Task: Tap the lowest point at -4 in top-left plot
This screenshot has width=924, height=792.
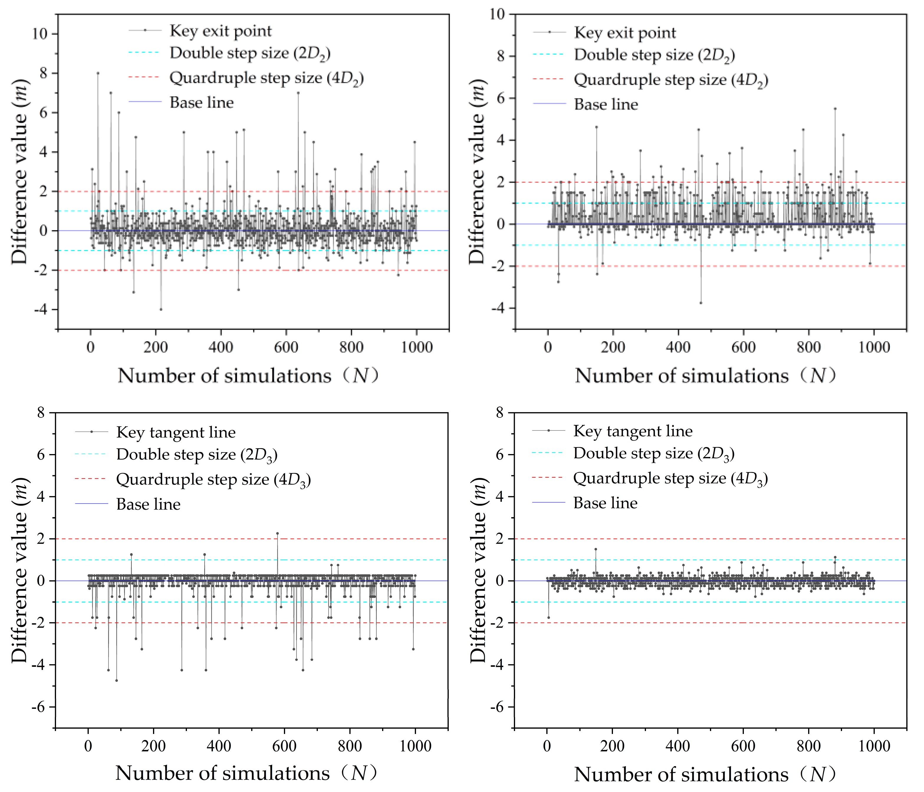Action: (x=161, y=309)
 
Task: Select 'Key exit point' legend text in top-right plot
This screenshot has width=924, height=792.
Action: (x=625, y=33)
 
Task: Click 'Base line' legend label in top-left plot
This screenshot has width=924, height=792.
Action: (x=202, y=103)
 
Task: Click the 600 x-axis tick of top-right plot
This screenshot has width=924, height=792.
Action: (x=743, y=347)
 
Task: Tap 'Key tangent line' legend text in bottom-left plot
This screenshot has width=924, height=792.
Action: (x=176, y=432)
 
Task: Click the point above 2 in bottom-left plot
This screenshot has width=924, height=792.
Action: (x=277, y=533)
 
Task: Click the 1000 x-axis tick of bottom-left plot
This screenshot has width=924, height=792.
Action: (x=415, y=746)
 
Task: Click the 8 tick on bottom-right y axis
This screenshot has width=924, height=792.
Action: (x=499, y=413)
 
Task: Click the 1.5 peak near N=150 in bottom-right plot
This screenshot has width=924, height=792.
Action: (x=595, y=550)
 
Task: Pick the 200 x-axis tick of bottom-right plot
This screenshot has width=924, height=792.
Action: (x=612, y=746)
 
